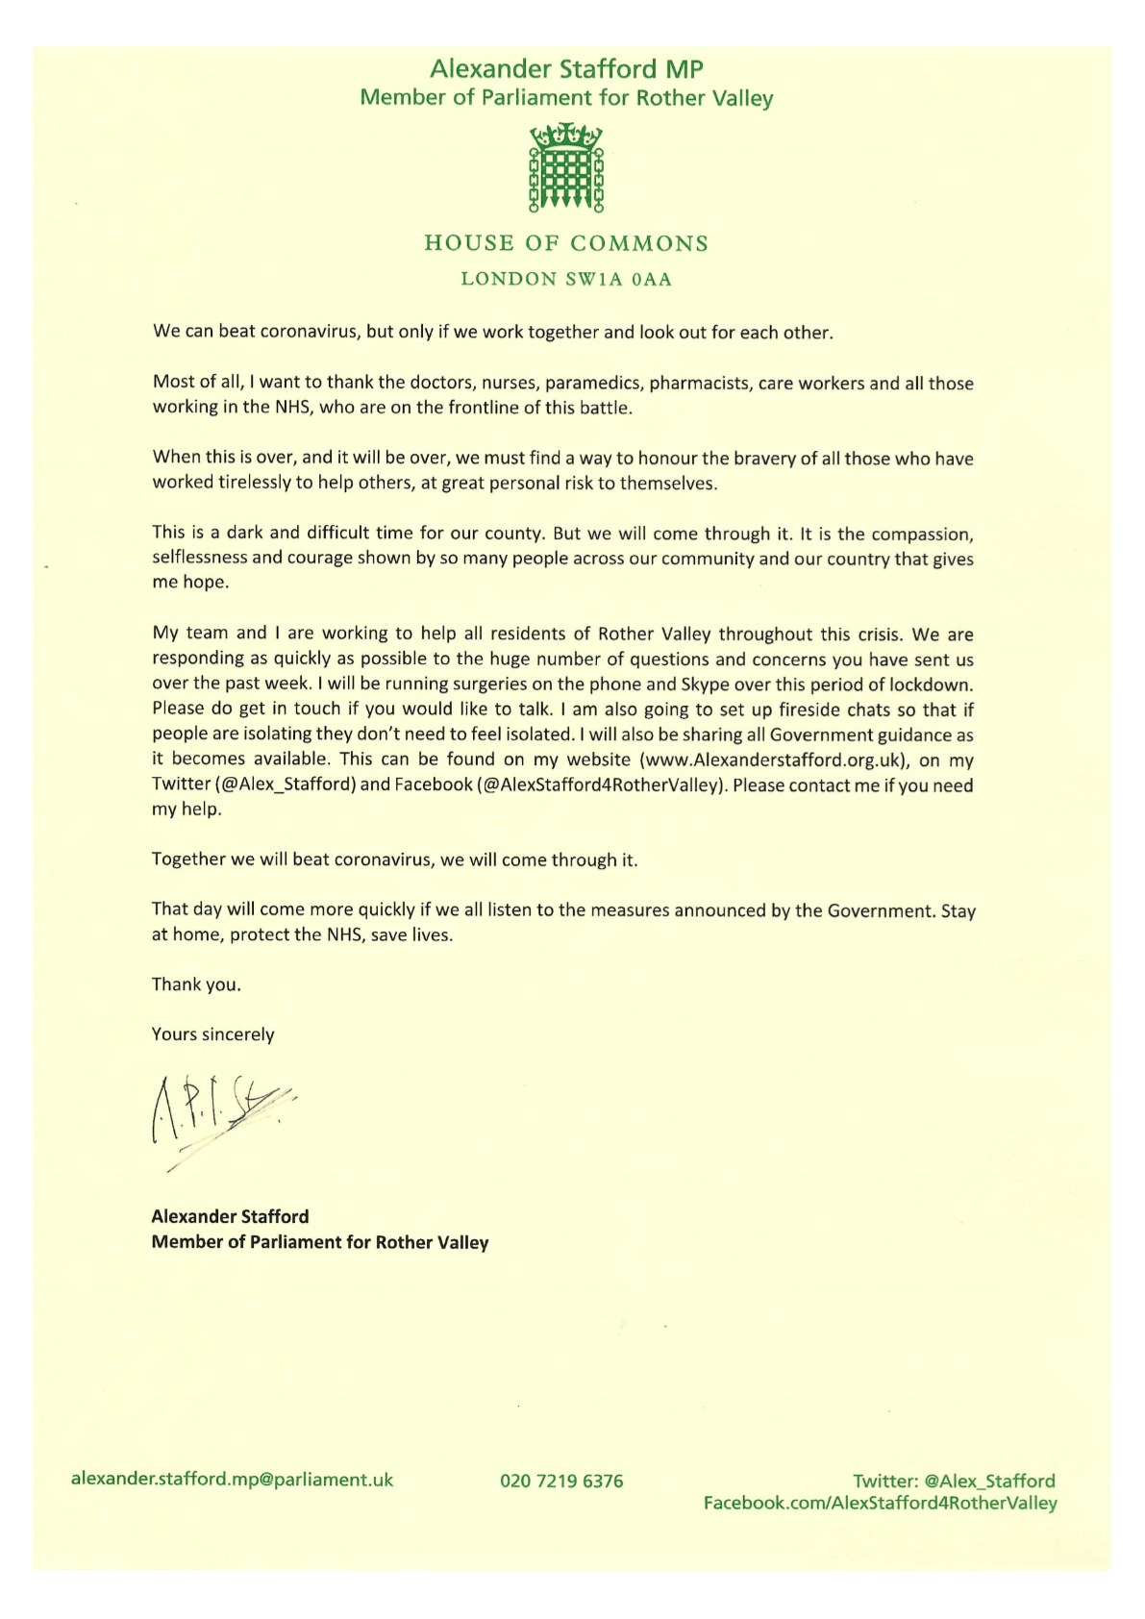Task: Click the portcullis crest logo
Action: click(566, 167)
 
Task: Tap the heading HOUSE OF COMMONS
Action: click(566, 243)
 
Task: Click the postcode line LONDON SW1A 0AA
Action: click(566, 280)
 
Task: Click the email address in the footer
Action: click(232, 1480)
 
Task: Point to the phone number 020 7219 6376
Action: click(561, 1482)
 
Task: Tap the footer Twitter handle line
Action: click(954, 1481)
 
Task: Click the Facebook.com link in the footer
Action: click(880, 1503)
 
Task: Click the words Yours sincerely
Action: click(212, 1034)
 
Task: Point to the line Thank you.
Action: click(196, 984)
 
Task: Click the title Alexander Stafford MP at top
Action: click(566, 69)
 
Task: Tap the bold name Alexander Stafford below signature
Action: click(230, 1216)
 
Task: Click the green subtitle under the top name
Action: click(566, 98)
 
